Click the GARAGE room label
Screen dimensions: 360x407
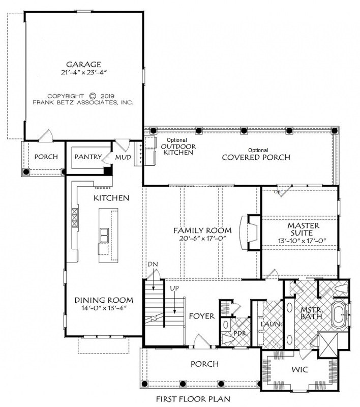83,65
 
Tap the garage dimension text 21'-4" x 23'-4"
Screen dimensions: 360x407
84,72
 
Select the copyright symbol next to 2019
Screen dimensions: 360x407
93,96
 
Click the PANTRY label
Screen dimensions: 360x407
88,157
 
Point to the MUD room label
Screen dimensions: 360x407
123,157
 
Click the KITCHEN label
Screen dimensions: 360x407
111,198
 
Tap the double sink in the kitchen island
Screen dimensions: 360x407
104,235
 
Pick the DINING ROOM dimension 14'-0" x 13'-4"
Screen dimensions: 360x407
104,308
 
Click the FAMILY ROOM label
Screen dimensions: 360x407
202,230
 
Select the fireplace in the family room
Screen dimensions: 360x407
250,232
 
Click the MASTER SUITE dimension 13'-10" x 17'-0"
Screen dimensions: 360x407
302,241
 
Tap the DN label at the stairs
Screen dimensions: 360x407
153,264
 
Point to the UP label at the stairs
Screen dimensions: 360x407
174,288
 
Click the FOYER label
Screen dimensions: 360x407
202,316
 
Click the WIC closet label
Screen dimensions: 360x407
300,369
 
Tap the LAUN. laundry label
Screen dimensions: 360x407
271,324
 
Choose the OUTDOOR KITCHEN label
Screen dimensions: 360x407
178,150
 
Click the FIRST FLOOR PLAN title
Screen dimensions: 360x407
193,399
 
